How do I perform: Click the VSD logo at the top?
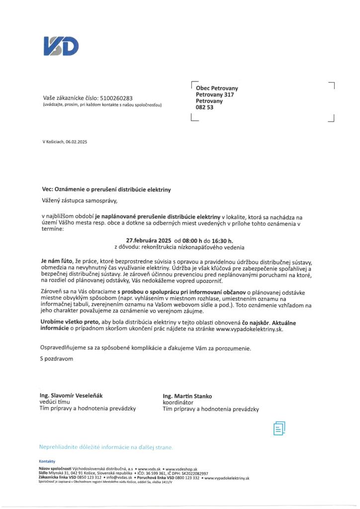[61, 46]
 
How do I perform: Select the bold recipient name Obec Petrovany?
[217, 88]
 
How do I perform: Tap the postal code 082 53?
[204, 107]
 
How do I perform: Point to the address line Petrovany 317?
[215, 94]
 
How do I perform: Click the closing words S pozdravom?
[56, 358]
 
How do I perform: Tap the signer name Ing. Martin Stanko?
[187, 396]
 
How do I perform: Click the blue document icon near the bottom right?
[279, 427]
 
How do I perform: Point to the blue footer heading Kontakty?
[47, 461]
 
